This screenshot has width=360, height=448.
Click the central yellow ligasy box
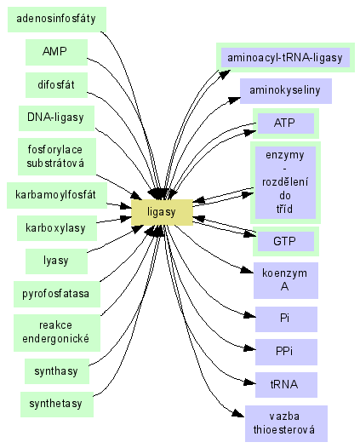(162, 212)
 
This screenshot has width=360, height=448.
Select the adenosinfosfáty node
(57, 20)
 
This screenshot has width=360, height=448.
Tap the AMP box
(56, 52)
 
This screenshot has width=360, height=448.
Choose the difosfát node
(56, 85)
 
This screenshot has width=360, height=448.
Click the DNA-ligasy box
(56, 118)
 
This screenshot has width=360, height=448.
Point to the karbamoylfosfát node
(57, 195)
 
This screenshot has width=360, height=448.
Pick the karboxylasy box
(57, 228)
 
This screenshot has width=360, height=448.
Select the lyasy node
(56, 261)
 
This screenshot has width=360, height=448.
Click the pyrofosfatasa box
(57, 295)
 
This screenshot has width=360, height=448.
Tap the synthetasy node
(57, 405)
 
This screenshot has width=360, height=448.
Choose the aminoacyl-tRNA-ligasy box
(285, 57)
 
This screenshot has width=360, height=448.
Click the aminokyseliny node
(286, 91)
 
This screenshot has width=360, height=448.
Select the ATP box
(286, 123)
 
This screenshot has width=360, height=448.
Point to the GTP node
(286, 241)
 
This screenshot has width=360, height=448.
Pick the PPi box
(286, 352)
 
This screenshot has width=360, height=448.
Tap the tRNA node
(286, 385)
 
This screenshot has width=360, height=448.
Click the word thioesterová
(284, 430)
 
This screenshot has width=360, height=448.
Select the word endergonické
(56, 339)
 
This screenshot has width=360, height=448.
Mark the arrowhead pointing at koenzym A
(247, 270)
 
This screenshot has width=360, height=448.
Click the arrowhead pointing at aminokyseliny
(234, 101)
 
